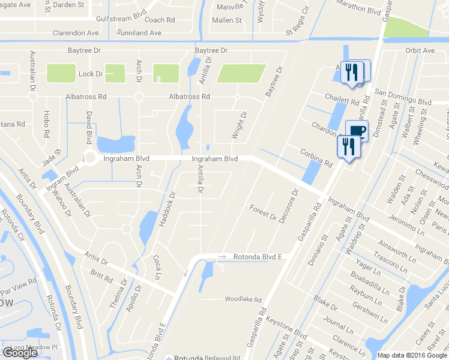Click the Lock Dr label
pos(91,74)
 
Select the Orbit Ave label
pos(420,50)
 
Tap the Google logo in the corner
pos(20,353)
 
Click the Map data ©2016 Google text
pos(412,355)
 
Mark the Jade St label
pos(52,160)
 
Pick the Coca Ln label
pos(157,267)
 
